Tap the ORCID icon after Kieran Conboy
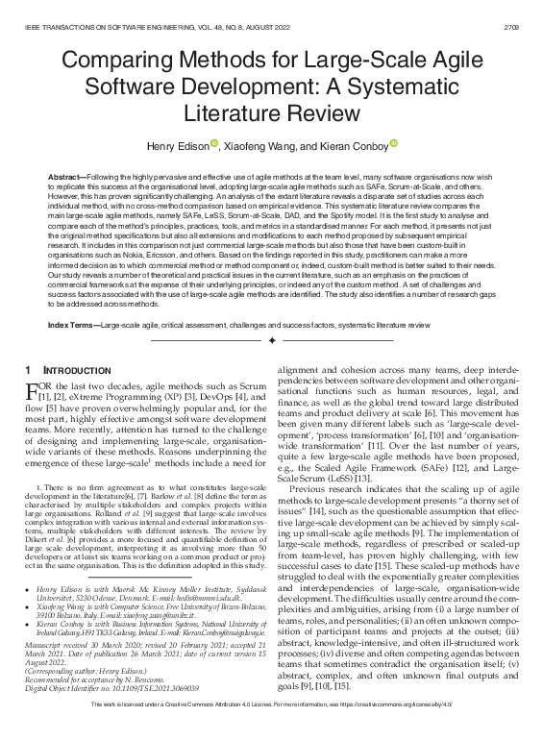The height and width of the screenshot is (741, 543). (393, 144)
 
